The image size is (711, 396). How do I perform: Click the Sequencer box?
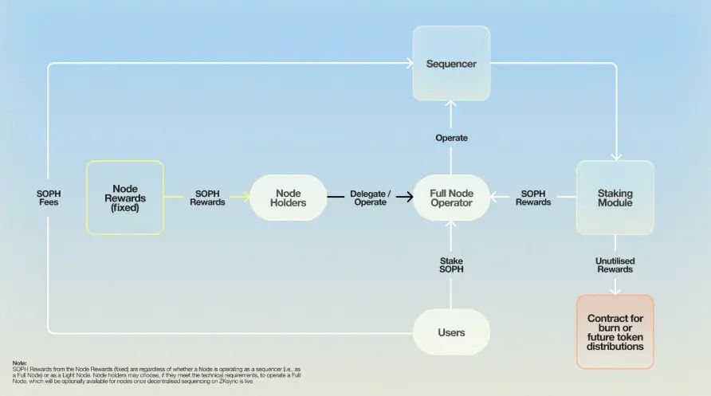[x=451, y=63]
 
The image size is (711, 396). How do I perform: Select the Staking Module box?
[x=615, y=198]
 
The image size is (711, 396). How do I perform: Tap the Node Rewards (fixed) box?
[x=125, y=198]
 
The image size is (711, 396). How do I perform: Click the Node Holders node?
[x=288, y=198]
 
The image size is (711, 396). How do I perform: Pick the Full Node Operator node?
[x=451, y=198]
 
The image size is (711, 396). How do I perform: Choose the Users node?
[x=451, y=331]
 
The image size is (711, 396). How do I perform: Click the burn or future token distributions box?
[x=615, y=331]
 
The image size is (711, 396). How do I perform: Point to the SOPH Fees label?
[x=49, y=198]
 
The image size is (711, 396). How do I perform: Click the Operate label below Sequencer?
[x=451, y=138]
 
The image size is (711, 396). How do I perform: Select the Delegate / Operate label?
[x=370, y=198]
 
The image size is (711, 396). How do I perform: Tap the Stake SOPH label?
[x=451, y=265]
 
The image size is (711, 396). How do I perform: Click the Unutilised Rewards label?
[x=615, y=265]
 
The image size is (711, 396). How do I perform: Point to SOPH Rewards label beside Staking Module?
[x=533, y=198]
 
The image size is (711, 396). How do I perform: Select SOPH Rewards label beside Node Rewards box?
[x=207, y=198]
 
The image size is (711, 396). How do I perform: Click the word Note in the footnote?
[x=19, y=363]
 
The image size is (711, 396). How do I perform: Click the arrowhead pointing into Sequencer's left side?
[x=408, y=63]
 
